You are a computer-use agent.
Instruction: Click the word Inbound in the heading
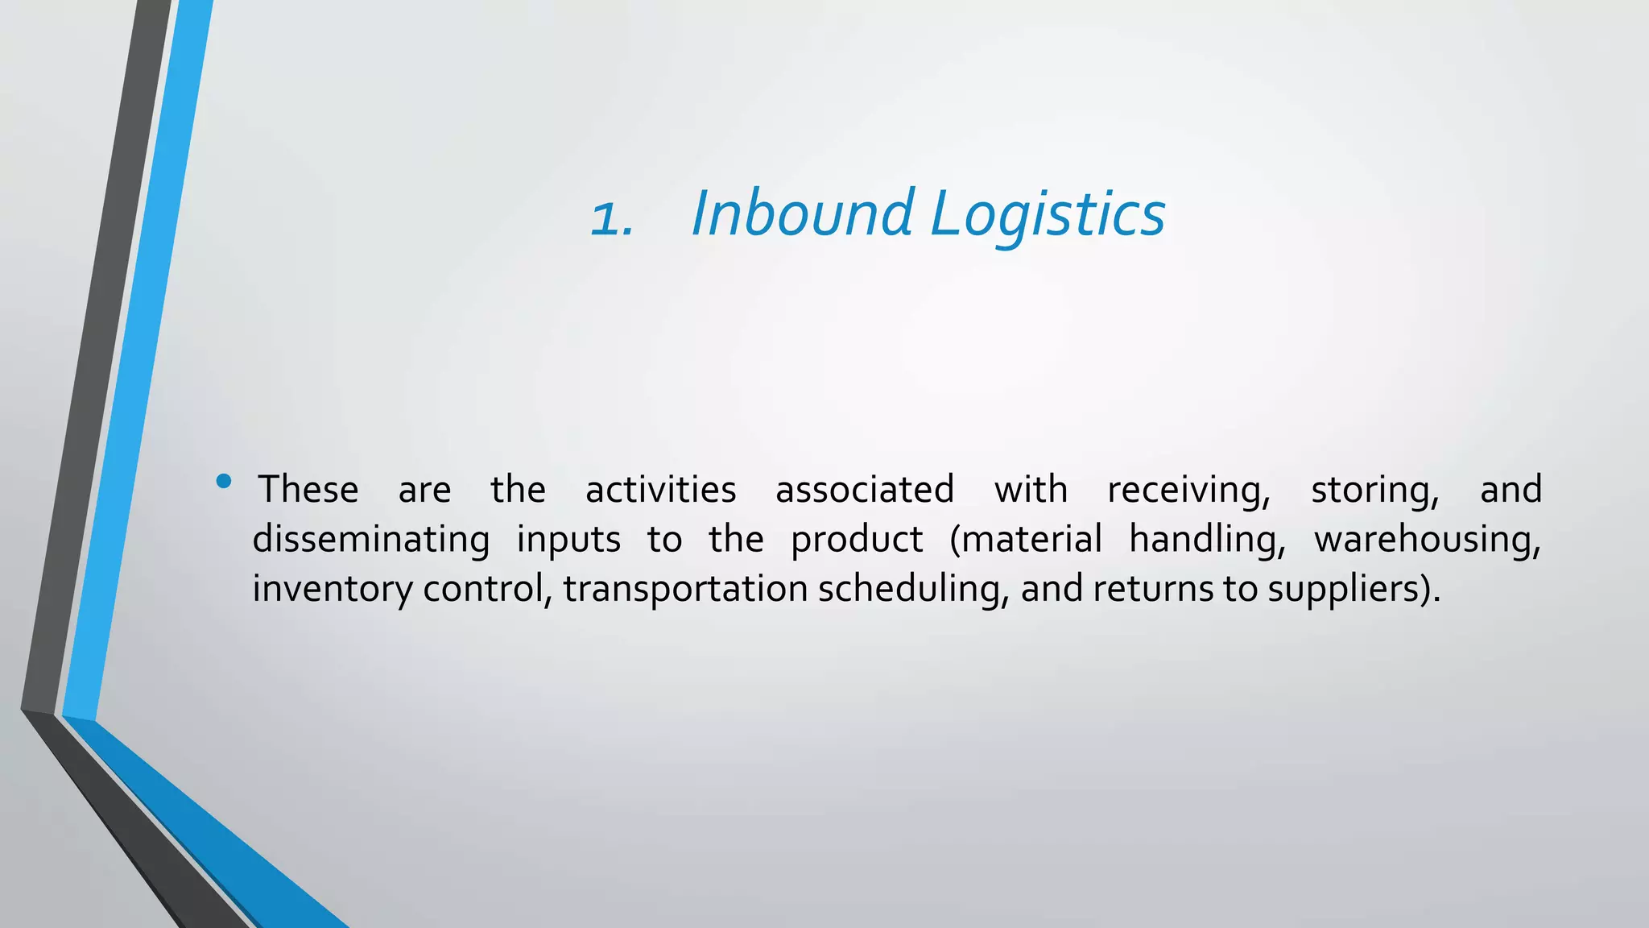(x=801, y=213)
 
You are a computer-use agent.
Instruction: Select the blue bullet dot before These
(x=224, y=482)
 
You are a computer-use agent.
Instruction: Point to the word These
(x=308, y=490)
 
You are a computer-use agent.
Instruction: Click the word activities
(x=660, y=490)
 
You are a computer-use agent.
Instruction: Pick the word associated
(x=865, y=490)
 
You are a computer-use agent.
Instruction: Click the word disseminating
(x=371, y=540)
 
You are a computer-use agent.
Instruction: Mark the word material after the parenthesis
(x=1032, y=540)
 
